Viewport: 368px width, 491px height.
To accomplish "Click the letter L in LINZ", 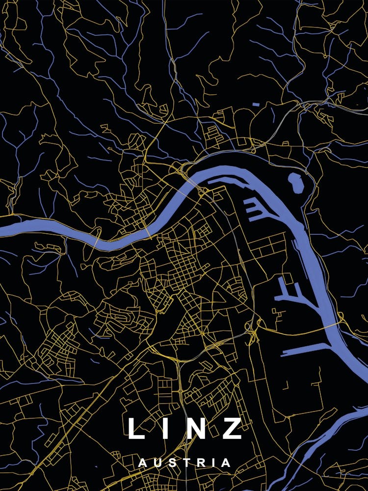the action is (x=135, y=428).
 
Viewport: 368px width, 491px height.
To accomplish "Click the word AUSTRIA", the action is (x=184, y=463).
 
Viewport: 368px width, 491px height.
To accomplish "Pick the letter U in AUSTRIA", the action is (x=157, y=463).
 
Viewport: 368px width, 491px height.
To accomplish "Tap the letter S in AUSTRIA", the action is (x=171, y=463).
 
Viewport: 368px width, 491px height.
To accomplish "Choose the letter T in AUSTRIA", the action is (x=184, y=463).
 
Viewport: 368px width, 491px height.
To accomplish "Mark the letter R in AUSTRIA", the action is (x=198, y=463).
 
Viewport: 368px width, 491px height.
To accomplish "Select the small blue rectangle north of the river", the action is (x=255, y=105).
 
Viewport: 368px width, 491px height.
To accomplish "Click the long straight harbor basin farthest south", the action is (x=304, y=349).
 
